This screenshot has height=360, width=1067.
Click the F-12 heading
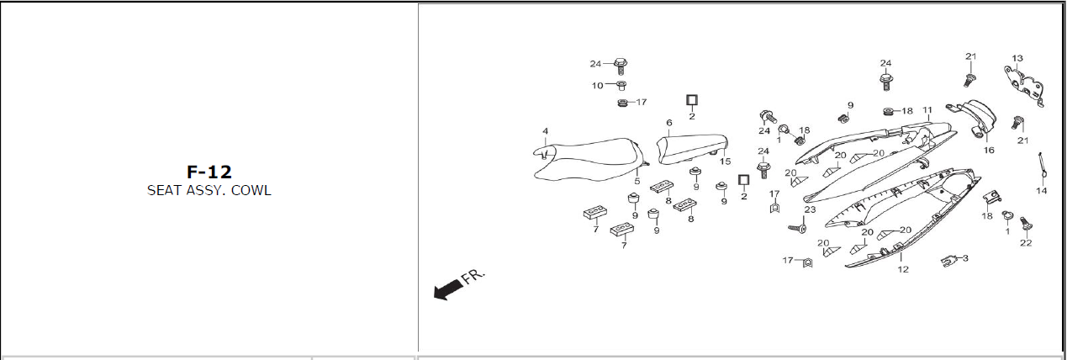tap(209, 172)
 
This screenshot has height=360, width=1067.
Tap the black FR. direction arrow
tap(448, 290)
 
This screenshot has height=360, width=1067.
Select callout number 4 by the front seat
tap(545, 131)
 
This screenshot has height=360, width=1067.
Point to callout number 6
tap(668, 123)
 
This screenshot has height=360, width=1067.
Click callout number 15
tap(725, 161)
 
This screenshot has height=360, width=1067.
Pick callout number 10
tap(597, 86)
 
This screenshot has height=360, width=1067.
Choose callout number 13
tap(1017, 58)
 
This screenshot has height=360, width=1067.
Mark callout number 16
tap(989, 151)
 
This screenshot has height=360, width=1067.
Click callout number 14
tap(1041, 191)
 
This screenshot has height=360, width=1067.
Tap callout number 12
tap(903, 269)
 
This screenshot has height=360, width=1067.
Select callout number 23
tap(810, 209)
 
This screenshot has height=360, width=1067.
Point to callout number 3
tap(965, 258)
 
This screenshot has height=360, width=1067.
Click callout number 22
tap(1026, 243)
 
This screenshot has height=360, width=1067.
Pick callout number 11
tap(927, 110)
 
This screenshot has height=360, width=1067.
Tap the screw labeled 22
tap(1025, 224)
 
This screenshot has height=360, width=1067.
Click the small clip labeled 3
tap(948, 261)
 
